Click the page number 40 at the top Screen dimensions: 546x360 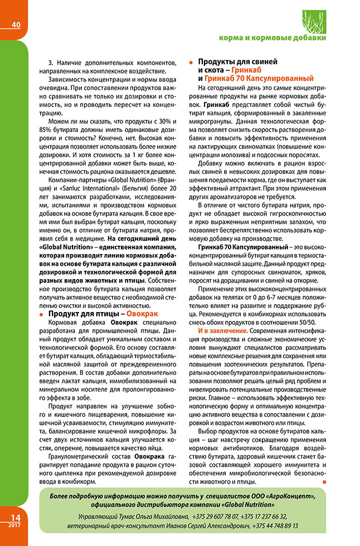(x=15, y=24)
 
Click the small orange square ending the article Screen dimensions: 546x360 (x=324, y=482)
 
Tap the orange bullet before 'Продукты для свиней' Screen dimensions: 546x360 (x=191, y=62)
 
